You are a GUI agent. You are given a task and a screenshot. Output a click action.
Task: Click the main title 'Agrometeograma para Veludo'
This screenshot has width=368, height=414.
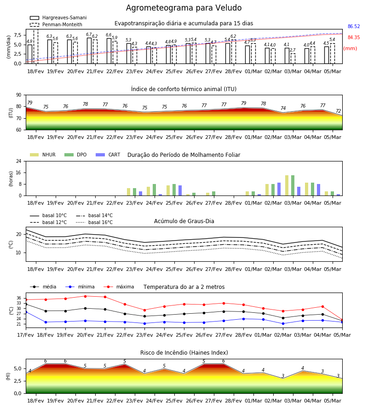[184, 8]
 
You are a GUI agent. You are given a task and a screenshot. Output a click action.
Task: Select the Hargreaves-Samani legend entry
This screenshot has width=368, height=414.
[58, 17]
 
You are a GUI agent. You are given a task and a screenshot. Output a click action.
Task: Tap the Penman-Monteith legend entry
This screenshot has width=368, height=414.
[56, 24]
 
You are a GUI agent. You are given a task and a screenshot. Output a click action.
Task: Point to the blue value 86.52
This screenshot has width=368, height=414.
[354, 26]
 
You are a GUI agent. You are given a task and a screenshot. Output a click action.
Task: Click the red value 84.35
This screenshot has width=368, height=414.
[354, 38]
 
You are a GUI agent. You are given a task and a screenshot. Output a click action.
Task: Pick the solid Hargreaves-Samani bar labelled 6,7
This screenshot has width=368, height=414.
[89, 51]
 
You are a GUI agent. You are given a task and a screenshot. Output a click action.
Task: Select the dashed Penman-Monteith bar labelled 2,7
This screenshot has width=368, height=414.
[293, 58]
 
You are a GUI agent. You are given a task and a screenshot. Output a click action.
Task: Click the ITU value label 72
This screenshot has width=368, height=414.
[339, 111]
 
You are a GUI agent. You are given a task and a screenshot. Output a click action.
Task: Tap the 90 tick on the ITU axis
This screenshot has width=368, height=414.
[19, 95]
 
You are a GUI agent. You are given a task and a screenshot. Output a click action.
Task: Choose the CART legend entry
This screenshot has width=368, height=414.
[108, 155]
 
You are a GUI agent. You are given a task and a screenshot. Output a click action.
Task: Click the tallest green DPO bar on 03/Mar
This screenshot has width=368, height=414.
[293, 185]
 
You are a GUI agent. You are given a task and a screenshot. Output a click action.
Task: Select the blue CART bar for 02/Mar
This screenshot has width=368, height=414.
[279, 189]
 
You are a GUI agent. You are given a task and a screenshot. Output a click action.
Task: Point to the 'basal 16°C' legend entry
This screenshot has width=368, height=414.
[94, 222]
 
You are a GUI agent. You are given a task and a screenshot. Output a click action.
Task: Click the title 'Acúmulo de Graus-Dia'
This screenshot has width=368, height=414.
[184, 221]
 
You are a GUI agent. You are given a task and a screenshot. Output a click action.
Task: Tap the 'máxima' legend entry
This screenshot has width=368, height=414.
[119, 287]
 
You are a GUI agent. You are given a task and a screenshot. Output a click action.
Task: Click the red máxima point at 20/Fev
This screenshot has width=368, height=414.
[85, 296]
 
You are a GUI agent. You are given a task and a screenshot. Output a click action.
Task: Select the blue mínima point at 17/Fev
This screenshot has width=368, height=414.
[26, 312]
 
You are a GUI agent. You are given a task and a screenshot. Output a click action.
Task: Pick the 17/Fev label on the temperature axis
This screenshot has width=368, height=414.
[25, 335]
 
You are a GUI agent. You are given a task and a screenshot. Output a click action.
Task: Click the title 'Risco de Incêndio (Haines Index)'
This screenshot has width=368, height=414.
[184, 353]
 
